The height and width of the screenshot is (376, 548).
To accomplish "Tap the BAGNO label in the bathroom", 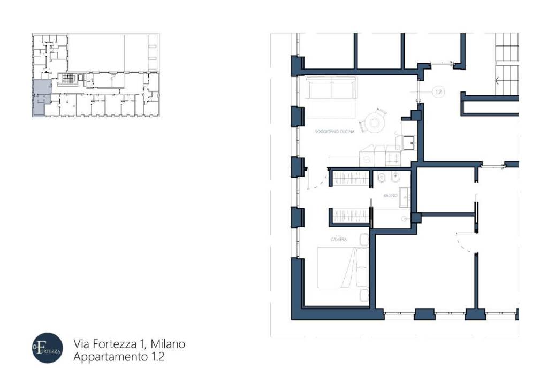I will pos(390,196).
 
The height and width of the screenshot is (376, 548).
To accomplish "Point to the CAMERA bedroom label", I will pos(339,239).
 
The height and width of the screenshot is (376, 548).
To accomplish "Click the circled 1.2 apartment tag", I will pos(438,92).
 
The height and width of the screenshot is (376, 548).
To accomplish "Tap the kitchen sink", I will pos(409,142).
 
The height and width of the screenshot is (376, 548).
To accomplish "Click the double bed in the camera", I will pos(342,267).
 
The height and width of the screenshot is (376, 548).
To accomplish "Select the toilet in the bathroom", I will pos(382,178).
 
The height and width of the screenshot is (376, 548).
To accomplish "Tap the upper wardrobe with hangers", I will pos(351,178).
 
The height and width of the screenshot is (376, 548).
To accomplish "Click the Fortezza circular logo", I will pos(47,348).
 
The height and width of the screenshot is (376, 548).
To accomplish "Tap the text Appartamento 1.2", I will pos(118,357).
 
